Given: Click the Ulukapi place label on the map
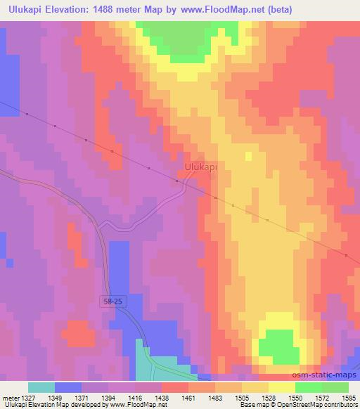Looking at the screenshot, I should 200,167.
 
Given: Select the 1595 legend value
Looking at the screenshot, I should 349,397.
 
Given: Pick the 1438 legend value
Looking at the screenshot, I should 162,397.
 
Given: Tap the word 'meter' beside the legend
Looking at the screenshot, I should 10,397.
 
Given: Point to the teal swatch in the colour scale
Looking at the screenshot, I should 41,387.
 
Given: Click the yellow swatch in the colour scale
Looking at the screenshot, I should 282,387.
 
